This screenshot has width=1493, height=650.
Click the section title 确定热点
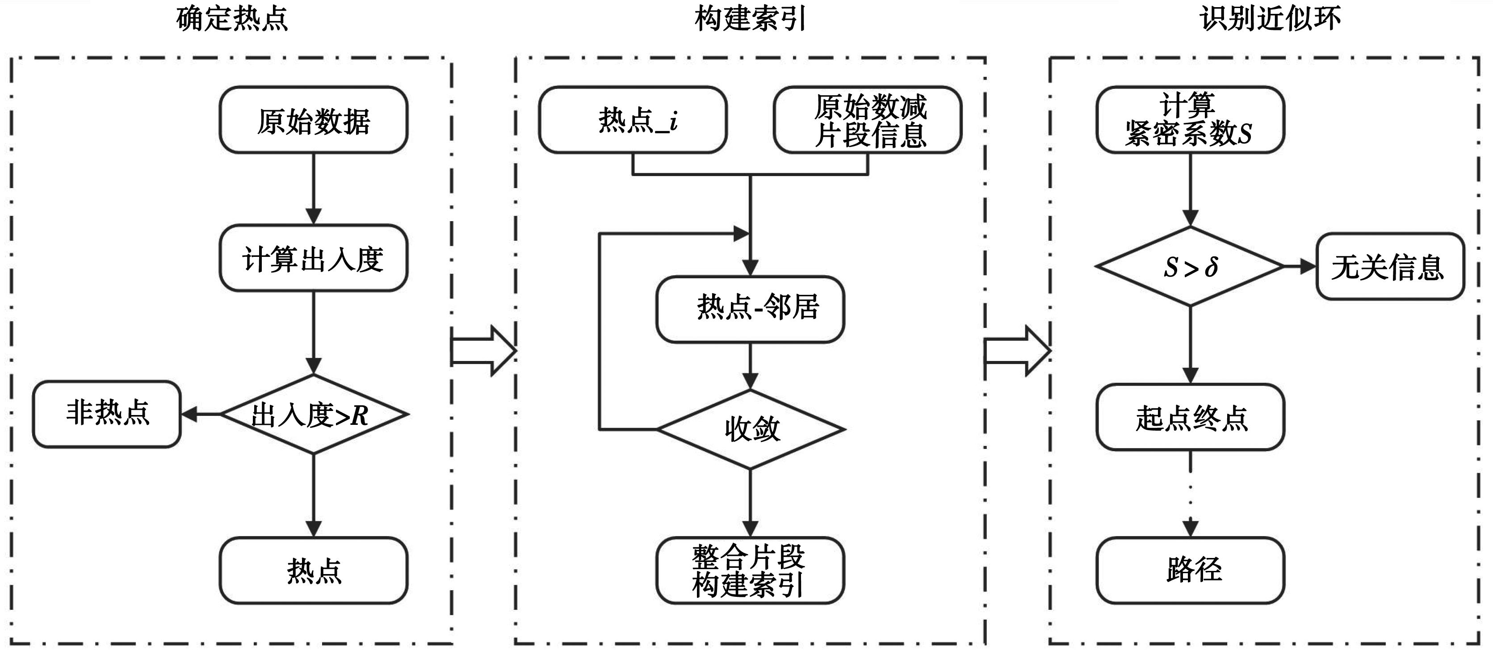[x=232, y=19]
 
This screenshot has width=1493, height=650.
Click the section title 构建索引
[x=750, y=19]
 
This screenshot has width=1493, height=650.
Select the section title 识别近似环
[x=1269, y=19]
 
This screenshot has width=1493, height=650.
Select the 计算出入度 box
[x=314, y=258]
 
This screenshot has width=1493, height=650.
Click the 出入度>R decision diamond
[x=314, y=414]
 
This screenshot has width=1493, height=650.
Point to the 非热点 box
[x=107, y=414]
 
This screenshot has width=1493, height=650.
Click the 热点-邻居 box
[x=751, y=309]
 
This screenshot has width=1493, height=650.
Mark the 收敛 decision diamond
[x=751, y=429]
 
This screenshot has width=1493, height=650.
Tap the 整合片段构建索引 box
[x=751, y=570]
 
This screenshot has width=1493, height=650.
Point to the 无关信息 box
[x=1390, y=267]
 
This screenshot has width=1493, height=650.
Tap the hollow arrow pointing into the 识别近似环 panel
[x=1017, y=351]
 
